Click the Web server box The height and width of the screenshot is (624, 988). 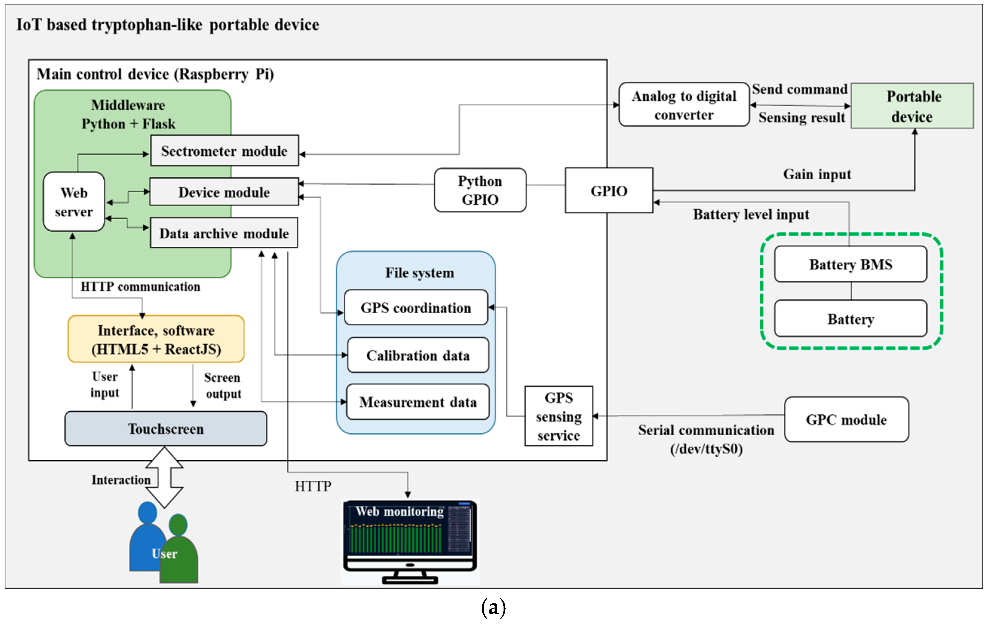pyautogui.click(x=74, y=202)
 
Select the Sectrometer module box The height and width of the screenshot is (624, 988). pyautogui.click(x=224, y=151)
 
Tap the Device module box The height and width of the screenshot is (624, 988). pyautogui.click(x=224, y=192)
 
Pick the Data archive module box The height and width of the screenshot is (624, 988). pyautogui.click(x=224, y=233)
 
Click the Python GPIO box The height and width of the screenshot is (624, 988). pyautogui.click(x=480, y=190)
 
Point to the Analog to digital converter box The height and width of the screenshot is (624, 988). pyautogui.click(x=684, y=105)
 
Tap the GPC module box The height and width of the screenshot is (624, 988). pyautogui.click(x=846, y=420)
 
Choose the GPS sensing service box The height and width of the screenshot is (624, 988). pyautogui.click(x=559, y=416)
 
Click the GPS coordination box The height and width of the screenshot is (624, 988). pyautogui.click(x=416, y=308)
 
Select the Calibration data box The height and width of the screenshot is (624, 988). pyautogui.click(x=418, y=355)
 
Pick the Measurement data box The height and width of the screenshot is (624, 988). pyautogui.click(x=418, y=402)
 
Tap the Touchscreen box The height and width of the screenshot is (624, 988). pyautogui.click(x=166, y=429)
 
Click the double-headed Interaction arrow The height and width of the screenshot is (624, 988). pyautogui.click(x=165, y=477)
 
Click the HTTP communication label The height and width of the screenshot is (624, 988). pyautogui.click(x=140, y=286)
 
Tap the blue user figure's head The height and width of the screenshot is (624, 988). pyautogui.click(x=147, y=513)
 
